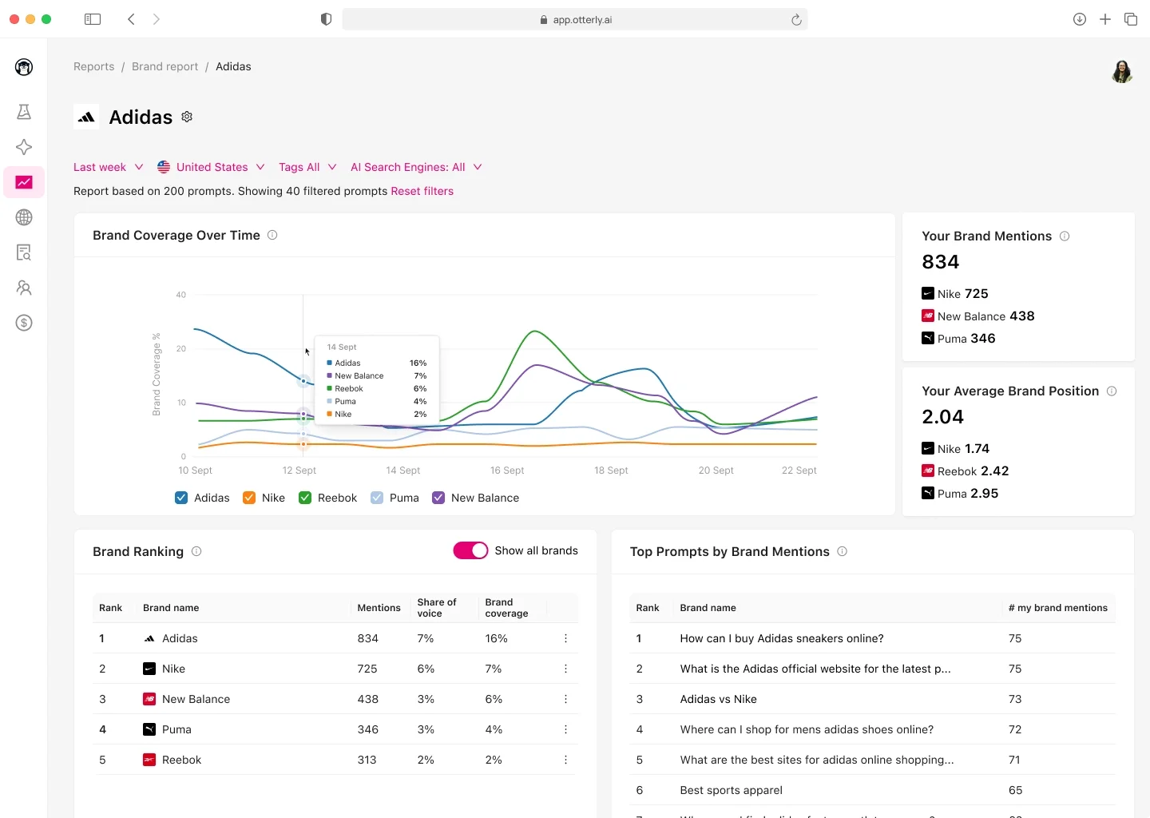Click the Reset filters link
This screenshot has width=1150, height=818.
pos(422,191)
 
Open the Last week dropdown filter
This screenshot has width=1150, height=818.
pos(108,167)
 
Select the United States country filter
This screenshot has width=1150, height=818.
pos(211,167)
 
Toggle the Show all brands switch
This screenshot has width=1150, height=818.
pos(470,550)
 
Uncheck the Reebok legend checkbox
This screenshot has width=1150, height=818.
pos(305,498)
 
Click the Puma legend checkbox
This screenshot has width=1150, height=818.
pos(377,498)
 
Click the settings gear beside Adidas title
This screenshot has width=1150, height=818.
pos(187,117)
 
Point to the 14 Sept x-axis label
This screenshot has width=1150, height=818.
pos(402,471)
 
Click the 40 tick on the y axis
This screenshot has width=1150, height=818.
pos(181,295)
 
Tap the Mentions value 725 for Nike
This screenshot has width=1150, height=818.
pos(367,669)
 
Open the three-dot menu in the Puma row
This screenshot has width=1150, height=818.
pos(565,729)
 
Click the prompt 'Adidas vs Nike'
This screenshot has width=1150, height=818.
pos(718,699)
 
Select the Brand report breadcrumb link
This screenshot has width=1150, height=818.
pos(165,66)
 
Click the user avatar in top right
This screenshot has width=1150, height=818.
pos(1121,71)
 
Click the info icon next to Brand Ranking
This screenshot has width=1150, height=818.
pos(196,551)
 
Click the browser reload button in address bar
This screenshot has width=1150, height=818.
pos(796,20)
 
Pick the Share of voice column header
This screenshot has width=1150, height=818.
pos(437,608)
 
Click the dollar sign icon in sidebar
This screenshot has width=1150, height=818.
pos(24,323)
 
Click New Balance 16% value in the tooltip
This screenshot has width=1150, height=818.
pos(420,375)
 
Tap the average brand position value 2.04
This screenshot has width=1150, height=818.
pos(942,417)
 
